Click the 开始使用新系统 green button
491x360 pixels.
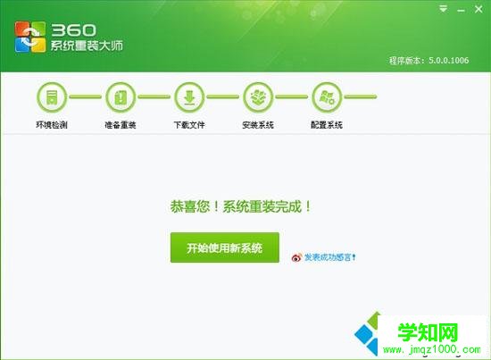tap(224, 247)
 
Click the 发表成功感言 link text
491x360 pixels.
tap(331, 257)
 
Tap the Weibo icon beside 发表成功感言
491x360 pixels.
tap(296, 258)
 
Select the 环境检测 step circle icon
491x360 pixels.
tap(52, 96)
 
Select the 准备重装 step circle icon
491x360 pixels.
tap(121, 96)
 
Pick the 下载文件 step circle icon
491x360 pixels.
tap(189, 96)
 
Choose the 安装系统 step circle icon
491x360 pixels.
tap(258, 96)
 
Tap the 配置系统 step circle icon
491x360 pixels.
tap(326, 96)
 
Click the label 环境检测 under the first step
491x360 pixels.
tap(52, 124)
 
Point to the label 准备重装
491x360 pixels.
tap(120, 124)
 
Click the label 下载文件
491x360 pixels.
tap(189, 124)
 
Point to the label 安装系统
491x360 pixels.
tap(258, 124)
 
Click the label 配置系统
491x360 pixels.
tap(326, 124)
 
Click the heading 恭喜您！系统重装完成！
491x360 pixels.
tap(241, 205)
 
